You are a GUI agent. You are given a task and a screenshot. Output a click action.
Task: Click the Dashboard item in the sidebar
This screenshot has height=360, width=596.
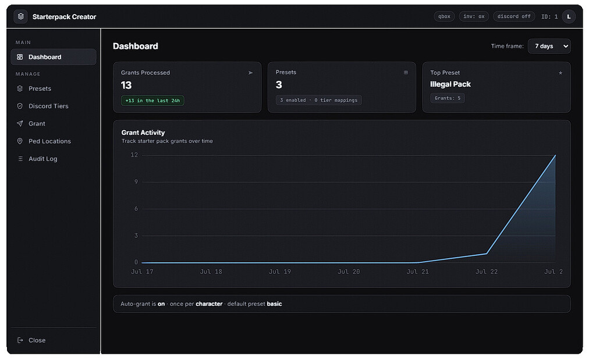point(53,57)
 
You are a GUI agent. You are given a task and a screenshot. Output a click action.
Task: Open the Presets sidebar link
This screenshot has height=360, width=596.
point(40,88)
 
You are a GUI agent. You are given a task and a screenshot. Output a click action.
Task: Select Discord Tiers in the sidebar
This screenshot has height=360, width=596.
point(48,106)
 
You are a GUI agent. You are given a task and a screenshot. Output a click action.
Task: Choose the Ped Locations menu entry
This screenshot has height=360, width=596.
point(49,141)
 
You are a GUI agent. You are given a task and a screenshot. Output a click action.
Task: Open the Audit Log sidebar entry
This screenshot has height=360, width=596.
point(42,159)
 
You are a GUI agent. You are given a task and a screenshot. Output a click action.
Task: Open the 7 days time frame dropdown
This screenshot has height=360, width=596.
point(549,47)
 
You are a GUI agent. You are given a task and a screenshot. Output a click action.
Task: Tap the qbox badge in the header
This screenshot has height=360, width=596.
point(444,16)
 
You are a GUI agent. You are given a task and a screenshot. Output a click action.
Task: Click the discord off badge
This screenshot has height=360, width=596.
point(514,16)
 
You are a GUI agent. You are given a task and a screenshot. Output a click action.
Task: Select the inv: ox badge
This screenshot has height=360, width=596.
point(474,16)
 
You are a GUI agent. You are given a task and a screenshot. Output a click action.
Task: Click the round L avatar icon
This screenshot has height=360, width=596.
point(569,17)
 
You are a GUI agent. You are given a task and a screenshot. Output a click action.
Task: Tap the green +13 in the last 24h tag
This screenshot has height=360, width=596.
point(152,101)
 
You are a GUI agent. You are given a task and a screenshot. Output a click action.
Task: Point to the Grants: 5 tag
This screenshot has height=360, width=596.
point(448,98)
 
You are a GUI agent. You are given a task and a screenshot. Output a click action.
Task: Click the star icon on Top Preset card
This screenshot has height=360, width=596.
point(560,73)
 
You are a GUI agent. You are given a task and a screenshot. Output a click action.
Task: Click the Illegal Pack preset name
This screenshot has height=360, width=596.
point(450,84)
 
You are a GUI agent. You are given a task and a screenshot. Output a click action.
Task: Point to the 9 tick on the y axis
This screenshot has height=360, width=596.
point(136,182)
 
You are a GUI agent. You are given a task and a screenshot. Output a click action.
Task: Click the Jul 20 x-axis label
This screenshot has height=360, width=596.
point(349,272)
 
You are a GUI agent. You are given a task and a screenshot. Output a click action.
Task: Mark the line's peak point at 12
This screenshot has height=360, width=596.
point(555,155)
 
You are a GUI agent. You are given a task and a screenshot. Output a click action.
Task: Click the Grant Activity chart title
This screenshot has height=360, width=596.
point(143,133)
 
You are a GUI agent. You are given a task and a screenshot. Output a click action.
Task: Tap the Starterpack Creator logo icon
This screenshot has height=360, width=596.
point(21,16)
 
